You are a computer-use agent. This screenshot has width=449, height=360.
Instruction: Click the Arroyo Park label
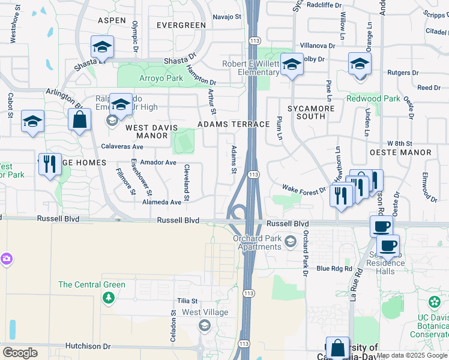pyautogui.click(x=145, y=78)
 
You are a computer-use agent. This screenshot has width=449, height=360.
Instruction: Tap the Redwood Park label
pyautogui.click(x=373, y=98)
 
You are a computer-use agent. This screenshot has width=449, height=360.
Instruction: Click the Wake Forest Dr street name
pyautogui.click(x=304, y=189)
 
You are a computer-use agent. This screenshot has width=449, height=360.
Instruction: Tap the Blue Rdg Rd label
pyautogui.click(x=334, y=269)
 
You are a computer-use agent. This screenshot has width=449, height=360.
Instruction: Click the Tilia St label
pyautogui.click(x=187, y=301)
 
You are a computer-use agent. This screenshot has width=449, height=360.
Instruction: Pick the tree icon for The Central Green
pyautogui.click(x=108, y=298)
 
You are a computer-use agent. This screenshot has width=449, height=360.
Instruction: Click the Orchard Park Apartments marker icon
pyautogui.click(x=291, y=241)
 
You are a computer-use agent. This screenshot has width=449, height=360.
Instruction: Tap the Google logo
pyautogui.click(x=20, y=353)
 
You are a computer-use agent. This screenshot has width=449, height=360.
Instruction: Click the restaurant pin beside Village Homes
pyautogui.click(x=50, y=163)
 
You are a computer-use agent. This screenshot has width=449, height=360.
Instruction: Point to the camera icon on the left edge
pyautogui.click(x=6, y=259)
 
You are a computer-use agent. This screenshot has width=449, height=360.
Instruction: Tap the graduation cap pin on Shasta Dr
pyautogui.click(x=103, y=47)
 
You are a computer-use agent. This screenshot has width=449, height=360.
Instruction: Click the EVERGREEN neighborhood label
pyautogui.click(x=181, y=25)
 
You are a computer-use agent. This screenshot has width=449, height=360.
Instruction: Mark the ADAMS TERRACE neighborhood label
pyautogui.click(x=234, y=124)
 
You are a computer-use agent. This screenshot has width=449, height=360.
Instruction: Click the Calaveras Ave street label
pyautogui.click(x=122, y=146)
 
